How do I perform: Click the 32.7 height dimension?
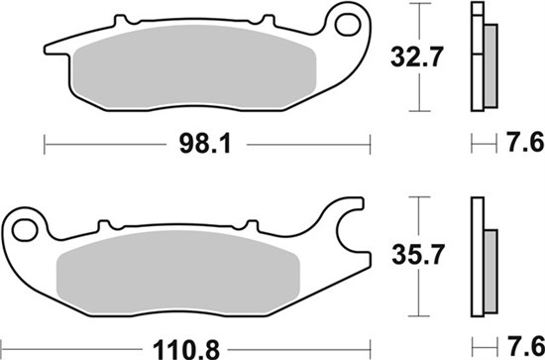click(417, 58)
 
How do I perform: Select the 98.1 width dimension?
click(205, 144)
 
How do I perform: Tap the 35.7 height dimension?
click(418, 255)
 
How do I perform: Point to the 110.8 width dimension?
click(186, 350)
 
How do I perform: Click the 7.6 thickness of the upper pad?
click(525, 142)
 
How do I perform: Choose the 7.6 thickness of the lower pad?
click(525, 347)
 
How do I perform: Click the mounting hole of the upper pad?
click(347, 25)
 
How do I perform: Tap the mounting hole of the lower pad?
click(25, 230)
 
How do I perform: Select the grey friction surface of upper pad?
click(194, 66)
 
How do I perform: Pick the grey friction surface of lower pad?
click(178, 272)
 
